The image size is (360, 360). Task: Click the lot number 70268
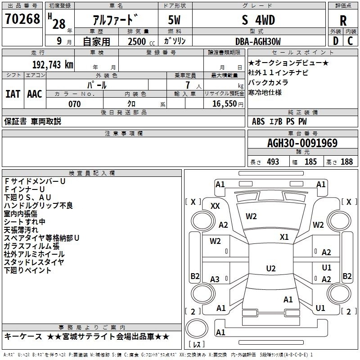(x=22, y=18)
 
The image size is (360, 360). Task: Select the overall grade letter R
(x=343, y=21)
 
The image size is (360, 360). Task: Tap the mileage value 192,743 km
(x=53, y=65)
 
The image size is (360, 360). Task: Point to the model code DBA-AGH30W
(x=258, y=41)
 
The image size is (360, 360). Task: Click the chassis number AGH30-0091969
(x=302, y=143)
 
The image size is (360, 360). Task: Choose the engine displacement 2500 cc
(x=141, y=41)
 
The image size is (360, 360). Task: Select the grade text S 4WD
(x=258, y=20)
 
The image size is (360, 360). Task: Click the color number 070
(x=74, y=104)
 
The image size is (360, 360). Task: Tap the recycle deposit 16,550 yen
(x=228, y=104)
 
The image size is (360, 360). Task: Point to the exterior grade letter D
(x=336, y=41)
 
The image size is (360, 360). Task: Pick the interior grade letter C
(x=350, y=41)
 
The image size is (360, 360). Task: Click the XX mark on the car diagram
(x=215, y=206)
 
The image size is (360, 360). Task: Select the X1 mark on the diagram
(x=284, y=237)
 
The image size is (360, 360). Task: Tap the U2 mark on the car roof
(x=271, y=268)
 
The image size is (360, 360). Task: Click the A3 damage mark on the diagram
(x=215, y=279)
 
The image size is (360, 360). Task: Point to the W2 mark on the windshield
(x=251, y=216)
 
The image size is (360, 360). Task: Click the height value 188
(x=346, y=162)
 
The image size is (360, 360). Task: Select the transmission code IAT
(x=13, y=94)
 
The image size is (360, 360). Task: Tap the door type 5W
(x=174, y=20)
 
